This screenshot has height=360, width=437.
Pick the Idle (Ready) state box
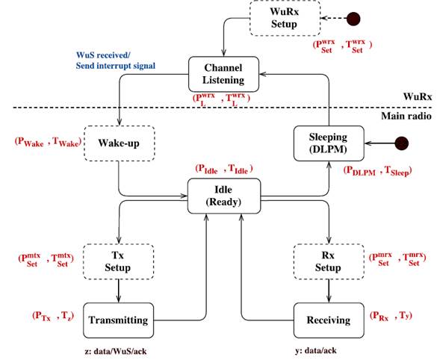click(x=224, y=196)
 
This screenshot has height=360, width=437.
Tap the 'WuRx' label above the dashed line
click(x=415, y=96)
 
